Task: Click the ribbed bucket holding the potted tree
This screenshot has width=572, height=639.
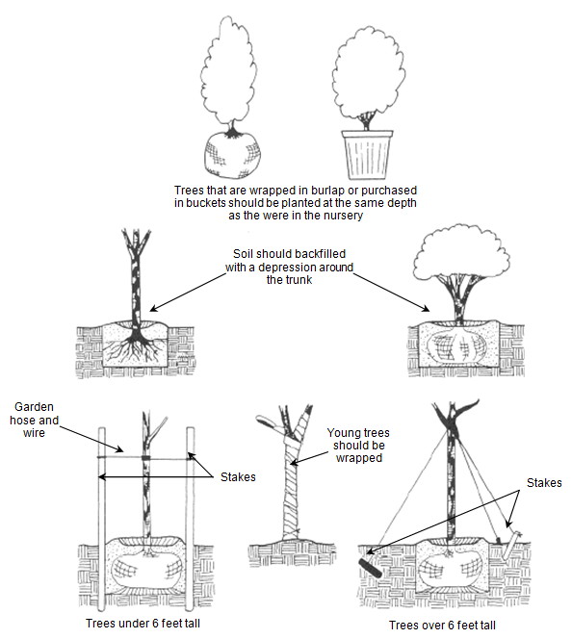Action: point(367,154)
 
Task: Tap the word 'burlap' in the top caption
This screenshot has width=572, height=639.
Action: point(327,191)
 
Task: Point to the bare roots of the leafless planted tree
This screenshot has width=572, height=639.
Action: point(134,348)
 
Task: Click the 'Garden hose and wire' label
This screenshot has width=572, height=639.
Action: point(34,420)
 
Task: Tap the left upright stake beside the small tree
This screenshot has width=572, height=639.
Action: point(102,518)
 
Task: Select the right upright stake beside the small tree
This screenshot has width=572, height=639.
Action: point(190,518)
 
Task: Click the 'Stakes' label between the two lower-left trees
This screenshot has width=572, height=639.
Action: point(238,476)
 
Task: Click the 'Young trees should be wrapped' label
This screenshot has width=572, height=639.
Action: point(358,445)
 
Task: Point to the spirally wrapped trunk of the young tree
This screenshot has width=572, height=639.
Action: point(293,489)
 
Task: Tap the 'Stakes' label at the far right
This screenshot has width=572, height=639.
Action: point(544,483)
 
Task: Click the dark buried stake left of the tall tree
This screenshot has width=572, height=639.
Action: point(370,568)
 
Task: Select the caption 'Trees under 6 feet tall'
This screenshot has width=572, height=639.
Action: point(143,623)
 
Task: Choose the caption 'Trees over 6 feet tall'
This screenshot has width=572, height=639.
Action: point(442,626)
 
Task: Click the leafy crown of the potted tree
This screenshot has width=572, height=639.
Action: point(368,73)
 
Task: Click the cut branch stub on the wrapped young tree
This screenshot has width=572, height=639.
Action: point(269,422)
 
